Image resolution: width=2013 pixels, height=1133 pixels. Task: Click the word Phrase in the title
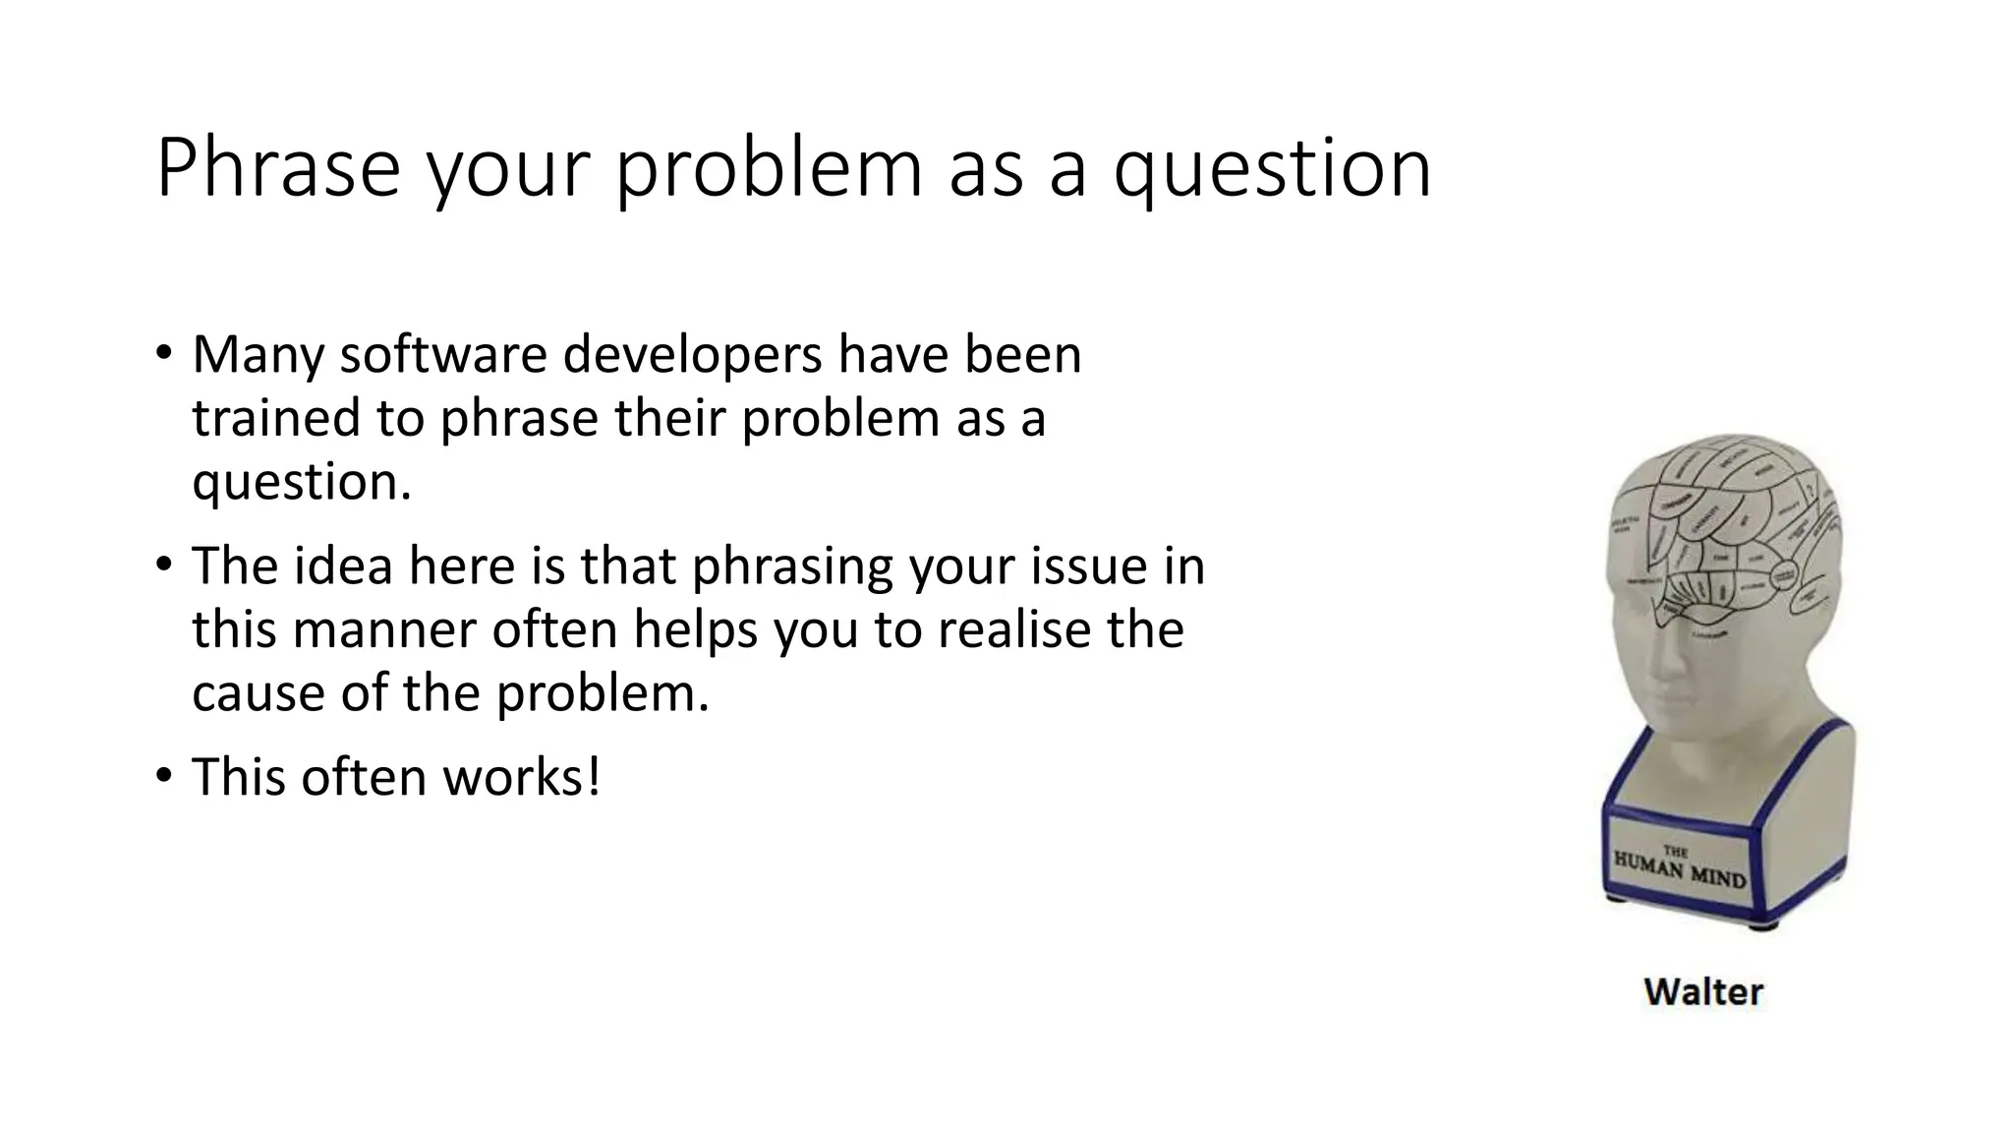click(x=277, y=169)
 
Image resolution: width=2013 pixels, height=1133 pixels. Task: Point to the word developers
click(x=692, y=356)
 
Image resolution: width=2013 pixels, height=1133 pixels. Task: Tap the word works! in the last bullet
click(x=521, y=777)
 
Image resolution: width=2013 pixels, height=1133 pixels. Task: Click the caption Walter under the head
click(x=1703, y=991)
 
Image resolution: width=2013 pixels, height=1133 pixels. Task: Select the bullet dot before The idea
click(x=163, y=565)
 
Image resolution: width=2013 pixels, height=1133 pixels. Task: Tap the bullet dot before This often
click(x=163, y=776)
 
